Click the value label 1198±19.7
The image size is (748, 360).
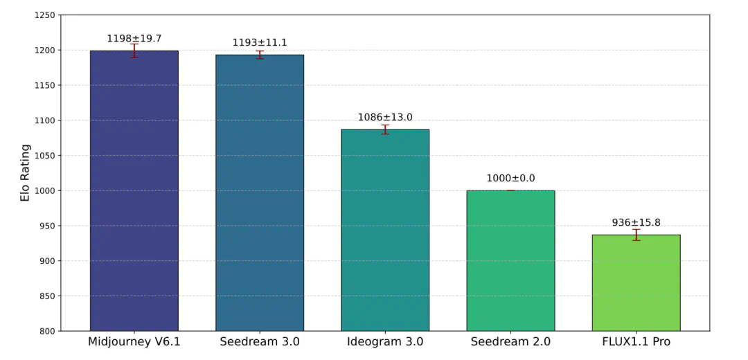(x=134, y=39)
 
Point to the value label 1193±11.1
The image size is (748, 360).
(x=260, y=43)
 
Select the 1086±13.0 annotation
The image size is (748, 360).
(x=385, y=117)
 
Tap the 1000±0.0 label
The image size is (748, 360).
(x=510, y=178)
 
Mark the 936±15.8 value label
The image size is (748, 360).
(x=636, y=222)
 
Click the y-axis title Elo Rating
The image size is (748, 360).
(x=25, y=173)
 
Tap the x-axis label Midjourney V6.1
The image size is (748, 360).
(x=134, y=342)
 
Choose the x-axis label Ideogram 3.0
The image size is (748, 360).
(x=385, y=342)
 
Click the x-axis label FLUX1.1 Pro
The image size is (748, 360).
(x=636, y=342)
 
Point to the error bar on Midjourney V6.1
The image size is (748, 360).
(x=134, y=51)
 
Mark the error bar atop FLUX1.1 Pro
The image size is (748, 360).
(x=636, y=235)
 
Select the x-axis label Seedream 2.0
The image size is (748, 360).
(x=510, y=342)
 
